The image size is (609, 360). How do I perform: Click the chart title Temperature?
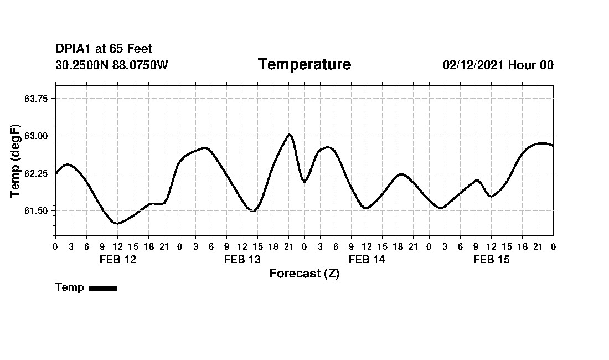pos(304,64)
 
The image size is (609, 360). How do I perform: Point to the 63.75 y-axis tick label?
pos(36,98)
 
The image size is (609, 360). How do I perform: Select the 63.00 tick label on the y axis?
pos(36,136)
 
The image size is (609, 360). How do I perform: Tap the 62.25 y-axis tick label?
pos(36,173)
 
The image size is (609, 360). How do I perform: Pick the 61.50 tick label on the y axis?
pos(36,211)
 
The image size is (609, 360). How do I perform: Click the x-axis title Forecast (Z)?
pos(304,273)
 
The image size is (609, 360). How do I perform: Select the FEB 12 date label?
pos(117,259)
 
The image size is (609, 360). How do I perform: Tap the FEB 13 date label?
pos(242,259)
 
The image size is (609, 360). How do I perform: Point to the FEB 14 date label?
pos(367,259)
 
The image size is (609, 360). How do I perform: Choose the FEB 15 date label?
pos(491,259)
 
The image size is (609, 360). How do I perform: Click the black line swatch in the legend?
pos(103,288)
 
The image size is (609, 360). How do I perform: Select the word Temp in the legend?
pos(70,287)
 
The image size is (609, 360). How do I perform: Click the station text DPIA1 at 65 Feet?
pos(104,49)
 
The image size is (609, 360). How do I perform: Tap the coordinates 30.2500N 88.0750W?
pos(112,65)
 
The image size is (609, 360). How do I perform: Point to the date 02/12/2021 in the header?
pos(473,65)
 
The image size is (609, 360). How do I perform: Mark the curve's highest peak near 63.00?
pos(289,135)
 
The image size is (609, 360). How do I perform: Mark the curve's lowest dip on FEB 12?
pos(116,224)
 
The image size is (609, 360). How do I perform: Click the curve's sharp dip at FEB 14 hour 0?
pos(304,182)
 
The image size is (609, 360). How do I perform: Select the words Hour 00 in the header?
pos(531,65)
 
